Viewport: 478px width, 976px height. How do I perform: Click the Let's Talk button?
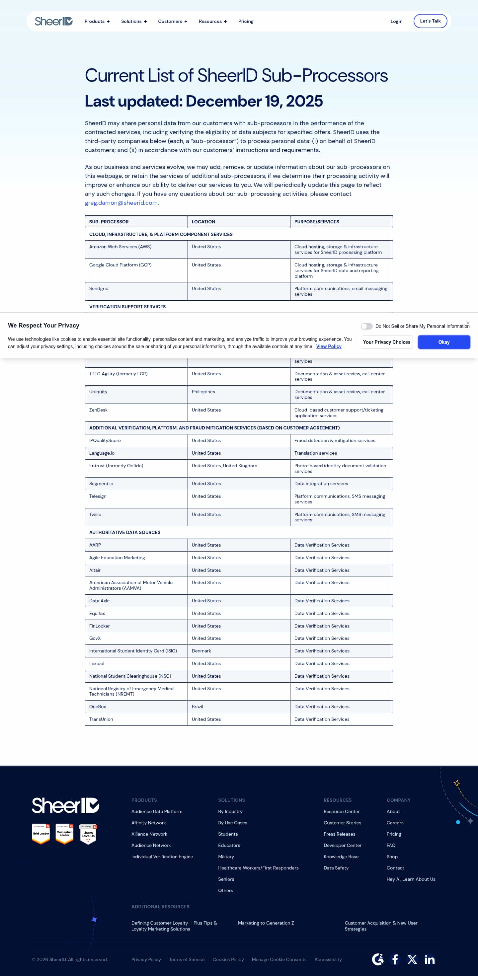pyautogui.click(x=430, y=21)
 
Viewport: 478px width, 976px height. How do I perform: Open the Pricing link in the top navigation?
pyautogui.click(x=246, y=22)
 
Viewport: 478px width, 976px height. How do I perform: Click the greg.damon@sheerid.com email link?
pyautogui.click(x=121, y=203)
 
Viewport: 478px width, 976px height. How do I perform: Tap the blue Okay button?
pyautogui.click(x=443, y=342)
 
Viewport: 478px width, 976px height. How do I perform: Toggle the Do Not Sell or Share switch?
pyautogui.click(x=366, y=326)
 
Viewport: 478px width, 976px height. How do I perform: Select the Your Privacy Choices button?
pyautogui.click(x=386, y=342)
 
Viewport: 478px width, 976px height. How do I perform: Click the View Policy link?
pyautogui.click(x=328, y=347)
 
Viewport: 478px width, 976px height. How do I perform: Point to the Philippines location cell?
pyautogui.click(x=203, y=392)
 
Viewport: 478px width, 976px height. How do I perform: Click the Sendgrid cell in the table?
pyautogui.click(x=99, y=289)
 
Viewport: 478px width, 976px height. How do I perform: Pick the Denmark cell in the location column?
pyautogui.click(x=201, y=651)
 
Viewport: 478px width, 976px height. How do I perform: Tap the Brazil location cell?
pyautogui.click(x=198, y=707)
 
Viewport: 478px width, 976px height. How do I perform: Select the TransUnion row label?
pyautogui.click(x=101, y=719)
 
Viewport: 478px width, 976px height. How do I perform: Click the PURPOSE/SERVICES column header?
pyautogui.click(x=317, y=222)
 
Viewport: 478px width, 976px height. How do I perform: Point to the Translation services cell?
pyautogui.click(x=315, y=453)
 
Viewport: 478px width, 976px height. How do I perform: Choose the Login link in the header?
pyautogui.click(x=396, y=22)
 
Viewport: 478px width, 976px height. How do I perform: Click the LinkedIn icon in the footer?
pyautogui.click(x=429, y=959)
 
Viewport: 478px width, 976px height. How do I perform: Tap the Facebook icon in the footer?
pyautogui.click(x=395, y=959)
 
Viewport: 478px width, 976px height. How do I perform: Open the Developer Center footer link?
pyautogui.click(x=342, y=845)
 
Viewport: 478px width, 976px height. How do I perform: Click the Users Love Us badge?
pyautogui.click(x=88, y=834)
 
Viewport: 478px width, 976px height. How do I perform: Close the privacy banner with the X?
pyautogui.click(x=468, y=323)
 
